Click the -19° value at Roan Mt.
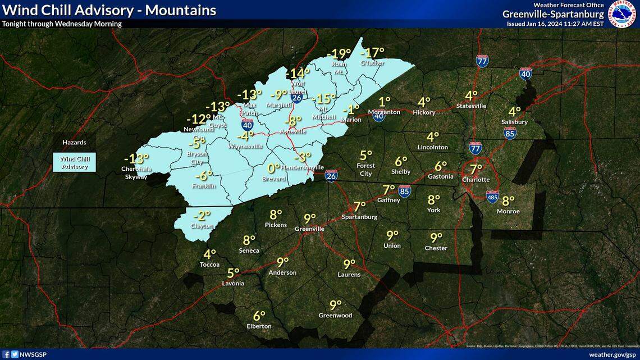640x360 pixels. (339, 54)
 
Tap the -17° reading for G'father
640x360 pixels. (372, 53)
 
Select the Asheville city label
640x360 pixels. (293, 131)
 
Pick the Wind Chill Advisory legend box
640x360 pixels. (74, 163)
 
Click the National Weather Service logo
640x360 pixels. (623, 13)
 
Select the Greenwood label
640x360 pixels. (335, 316)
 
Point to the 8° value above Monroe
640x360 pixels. (508, 200)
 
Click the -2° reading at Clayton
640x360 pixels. (202, 215)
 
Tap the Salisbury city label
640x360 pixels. (514, 122)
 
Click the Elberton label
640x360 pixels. (259, 326)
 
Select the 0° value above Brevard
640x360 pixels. (273, 168)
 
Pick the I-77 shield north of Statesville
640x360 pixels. (482, 61)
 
